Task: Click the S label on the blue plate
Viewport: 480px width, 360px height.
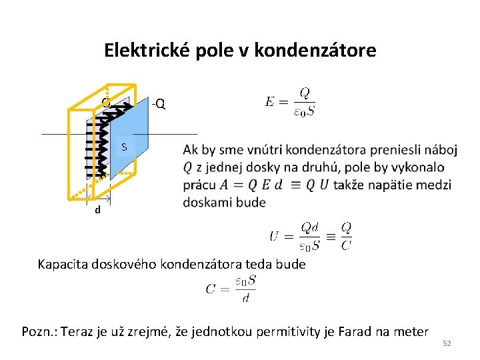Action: pos(123,147)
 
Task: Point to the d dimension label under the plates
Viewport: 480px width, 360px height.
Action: pos(97,210)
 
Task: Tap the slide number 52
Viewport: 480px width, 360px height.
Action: pos(447,343)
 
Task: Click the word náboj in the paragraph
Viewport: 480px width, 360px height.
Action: pos(440,149)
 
